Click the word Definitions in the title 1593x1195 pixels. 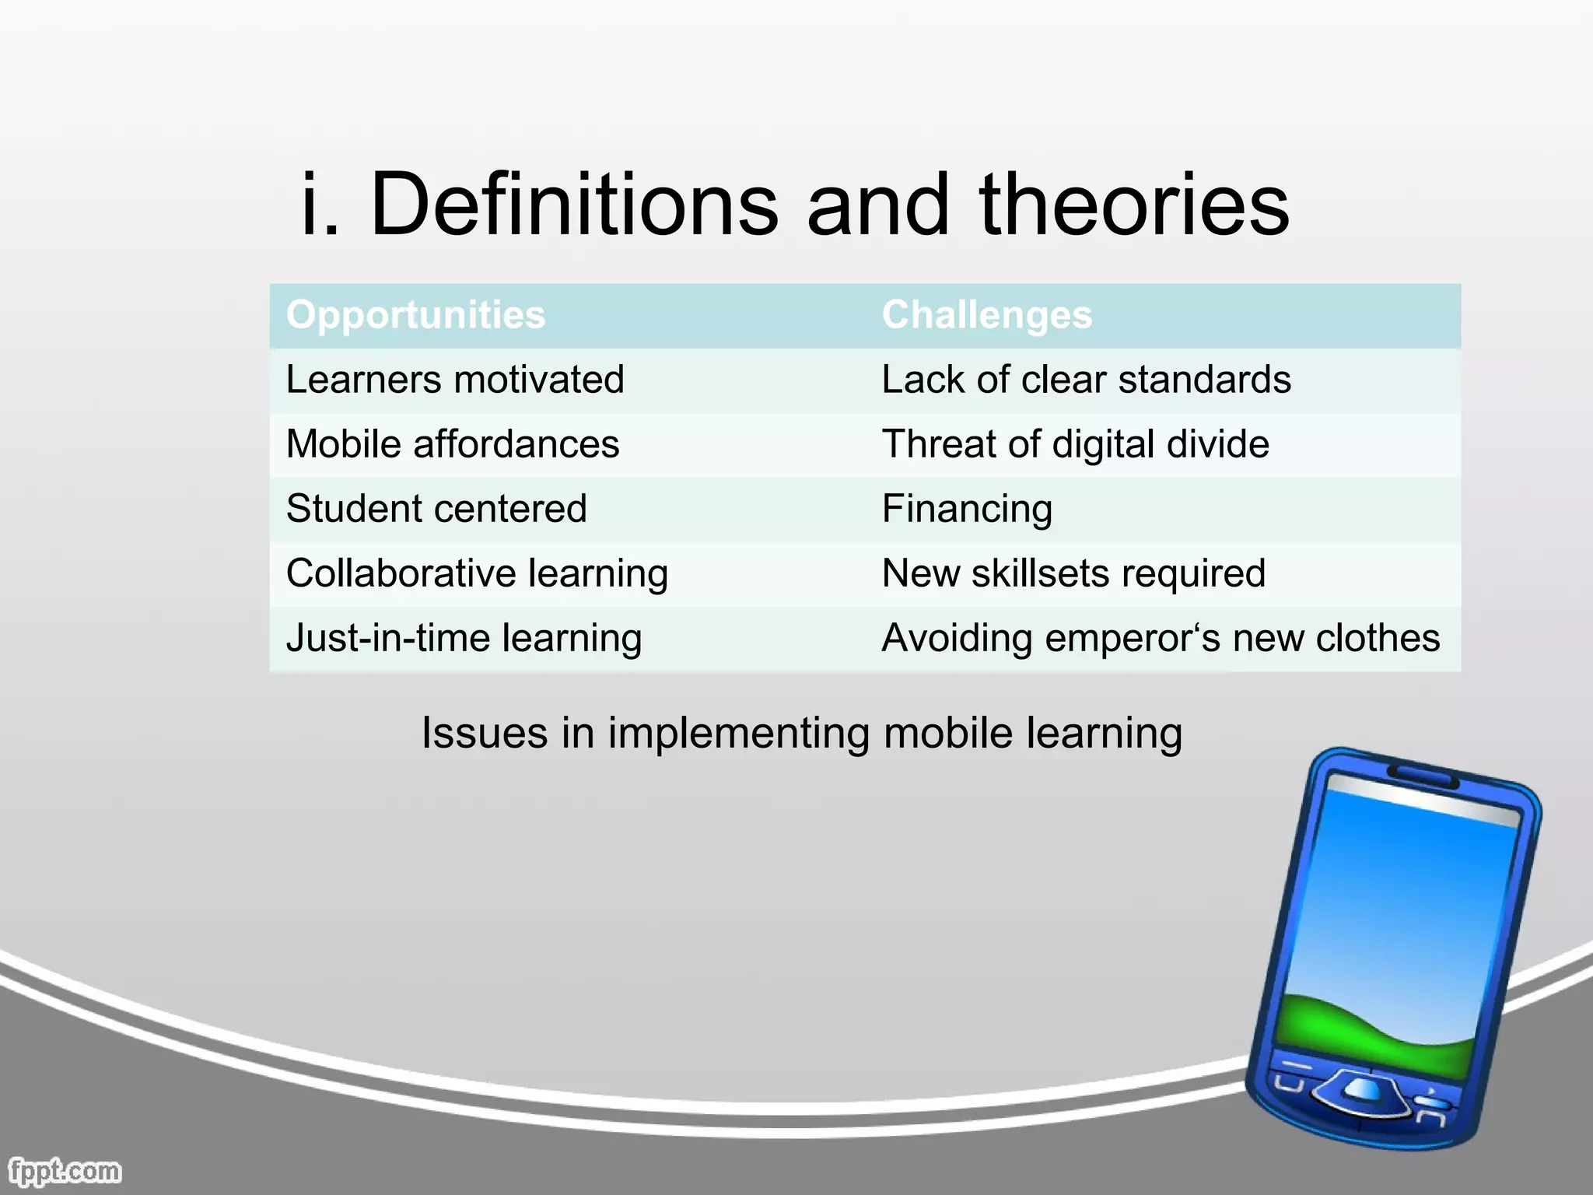(573, 205)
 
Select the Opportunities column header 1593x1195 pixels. (415, 315)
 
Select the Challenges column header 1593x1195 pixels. (986, 315)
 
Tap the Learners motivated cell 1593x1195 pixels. (455, 380)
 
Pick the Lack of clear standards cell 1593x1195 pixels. (1086, 380)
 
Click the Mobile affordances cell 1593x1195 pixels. (453, 444)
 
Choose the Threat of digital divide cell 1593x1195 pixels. (1075, 444)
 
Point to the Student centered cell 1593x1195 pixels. (436, 509)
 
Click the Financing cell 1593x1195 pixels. (967, 509)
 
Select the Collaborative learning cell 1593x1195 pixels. (477, 573)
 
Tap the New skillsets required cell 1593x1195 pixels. (1073, 573)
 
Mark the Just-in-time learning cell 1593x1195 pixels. (464, 638)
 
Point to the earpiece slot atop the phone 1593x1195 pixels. (1423, 773)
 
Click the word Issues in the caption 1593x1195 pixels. (484, 733)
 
